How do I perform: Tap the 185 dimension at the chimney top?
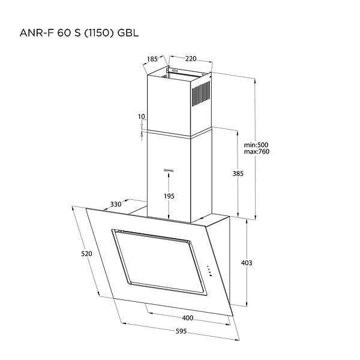click(x=152, y=59)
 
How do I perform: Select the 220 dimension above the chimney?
click(x=191, y=59)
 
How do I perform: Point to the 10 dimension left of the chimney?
click(x=141, y=116)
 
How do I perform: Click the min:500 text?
click(x=257, y=145)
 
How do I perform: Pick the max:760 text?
click(x=257, y=152)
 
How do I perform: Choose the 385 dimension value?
click(x=237, y=173)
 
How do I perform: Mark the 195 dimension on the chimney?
click(x=169, y=196)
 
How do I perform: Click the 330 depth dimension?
click(x=116, y=205)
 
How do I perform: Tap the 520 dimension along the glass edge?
click(x=86, y=254)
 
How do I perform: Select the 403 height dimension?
click(x=246, y=263)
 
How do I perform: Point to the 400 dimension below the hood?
click(x=188, y=317)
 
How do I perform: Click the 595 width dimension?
click(x=176, y=331)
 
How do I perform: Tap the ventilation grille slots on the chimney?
click(x=201, y=94)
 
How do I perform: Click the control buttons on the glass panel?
click(x=208, y=271)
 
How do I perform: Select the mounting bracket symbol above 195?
click(x=169, y=170)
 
